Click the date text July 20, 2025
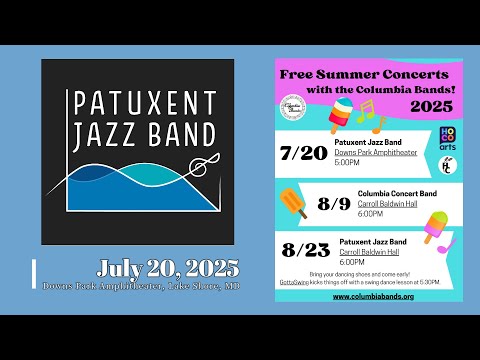(168, 268)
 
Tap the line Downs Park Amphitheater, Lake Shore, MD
(141, 285)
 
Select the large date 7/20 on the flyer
(306, 153)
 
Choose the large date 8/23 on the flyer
(306, 248)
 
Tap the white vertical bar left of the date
(35, 271)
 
